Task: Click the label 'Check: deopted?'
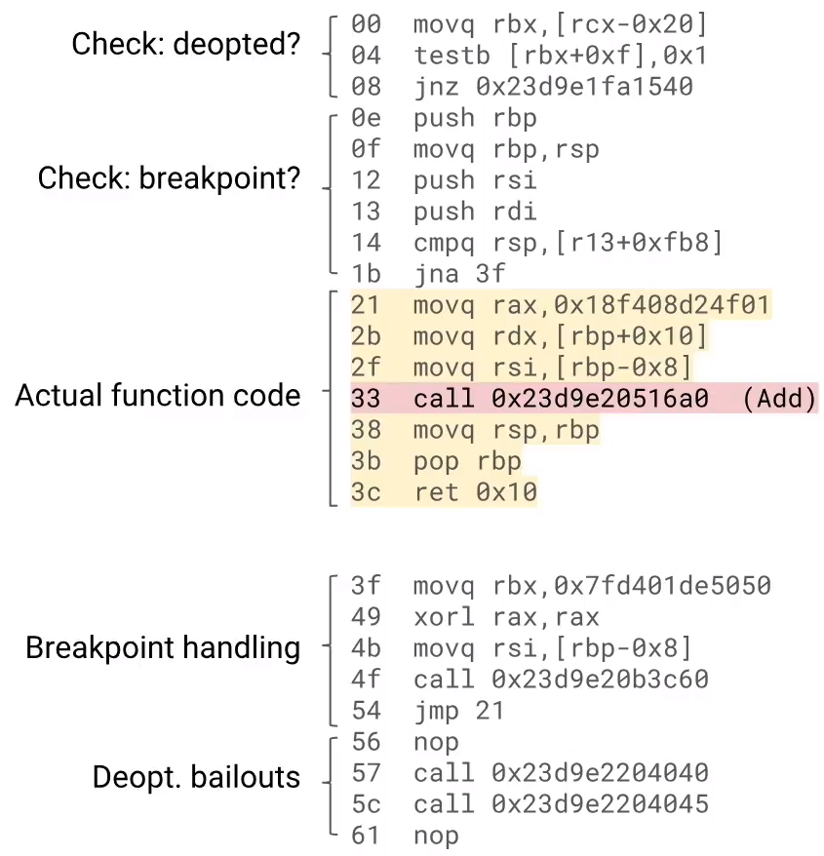coord(186,44)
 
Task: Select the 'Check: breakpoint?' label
coord(169,178)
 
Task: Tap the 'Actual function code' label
coord(157,395)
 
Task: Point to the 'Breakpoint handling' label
coord(163,647)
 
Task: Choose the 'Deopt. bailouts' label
coord(196,777)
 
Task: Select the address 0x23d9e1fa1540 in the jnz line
coord(584,87)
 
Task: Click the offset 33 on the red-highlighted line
coord(365,400)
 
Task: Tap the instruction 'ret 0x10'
coord(475,492)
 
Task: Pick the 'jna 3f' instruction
coord(459,274)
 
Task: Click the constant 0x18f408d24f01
coord(662,306)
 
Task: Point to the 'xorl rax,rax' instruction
coord(506,617)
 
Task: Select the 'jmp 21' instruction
coord(459,711)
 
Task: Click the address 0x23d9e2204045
coord(600,804)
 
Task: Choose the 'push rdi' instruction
coord(475,212)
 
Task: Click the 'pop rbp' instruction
coord(467,461)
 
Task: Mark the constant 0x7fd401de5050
coord(662,586)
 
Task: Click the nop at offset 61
coord(436,836)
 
